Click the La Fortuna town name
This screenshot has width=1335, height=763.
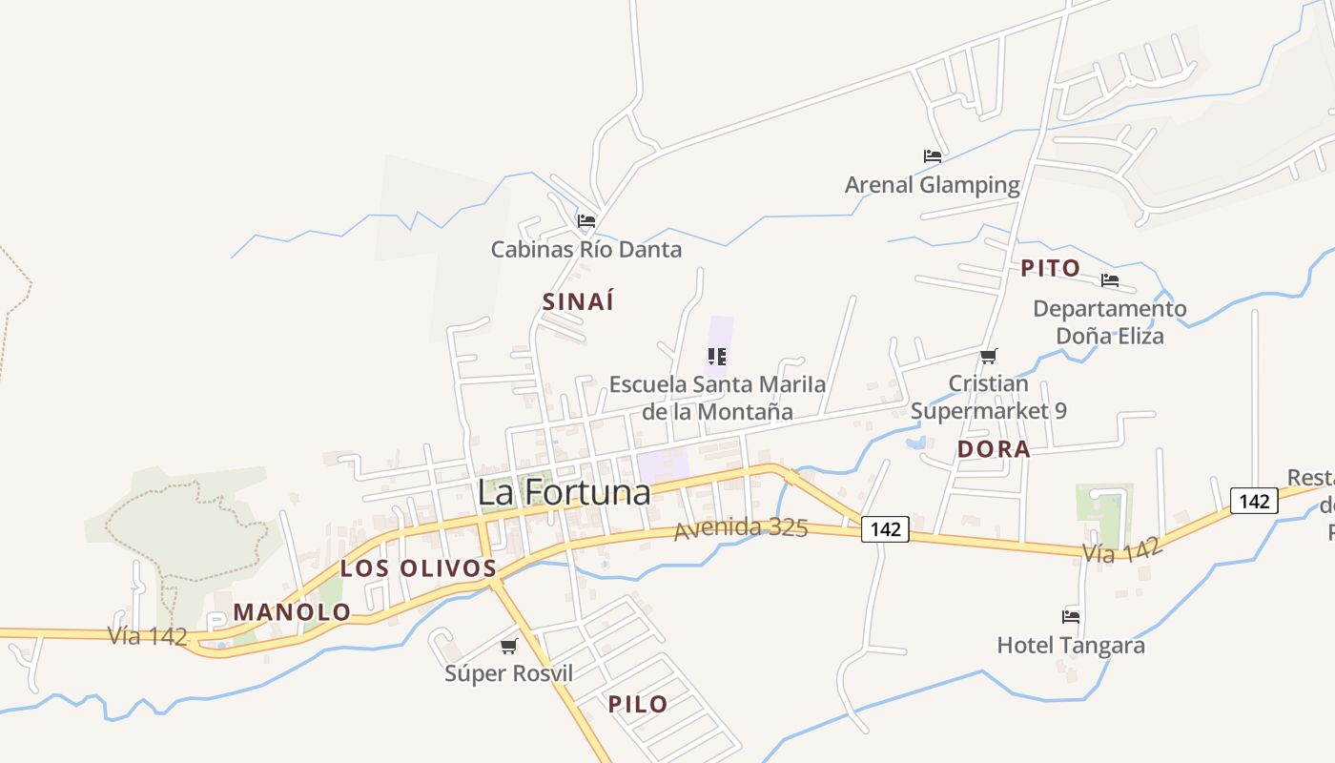pos(564,492)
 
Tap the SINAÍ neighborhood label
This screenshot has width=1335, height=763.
pos(578,301)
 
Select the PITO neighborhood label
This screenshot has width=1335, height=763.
pos(1051,268)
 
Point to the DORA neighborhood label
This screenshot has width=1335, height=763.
pos(994,449)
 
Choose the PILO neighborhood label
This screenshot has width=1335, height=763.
pos(638,705)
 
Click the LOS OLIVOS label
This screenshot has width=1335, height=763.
pos(419,568)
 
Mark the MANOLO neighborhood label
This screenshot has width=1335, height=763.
pos(292,612)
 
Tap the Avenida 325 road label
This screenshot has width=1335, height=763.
pos(741,528)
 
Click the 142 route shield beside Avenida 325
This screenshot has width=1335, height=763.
pos(886,528)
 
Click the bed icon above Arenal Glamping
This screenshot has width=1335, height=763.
pos(933,155)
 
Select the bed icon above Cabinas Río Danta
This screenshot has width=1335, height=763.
pos(586,220)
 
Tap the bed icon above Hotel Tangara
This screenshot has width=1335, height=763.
pos(1071,616)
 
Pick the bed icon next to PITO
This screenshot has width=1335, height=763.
pos(1110,280)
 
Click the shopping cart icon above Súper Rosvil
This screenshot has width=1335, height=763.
pos(509,646)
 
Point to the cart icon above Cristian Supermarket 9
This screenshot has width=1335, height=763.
pos(989,356)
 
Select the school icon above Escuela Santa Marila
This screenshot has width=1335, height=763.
pos(717,357)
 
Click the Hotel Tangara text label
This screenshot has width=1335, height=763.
pos(1071,646)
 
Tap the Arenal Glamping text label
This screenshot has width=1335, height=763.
pos(933,185)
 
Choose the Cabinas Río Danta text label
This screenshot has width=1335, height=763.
pos(586,250)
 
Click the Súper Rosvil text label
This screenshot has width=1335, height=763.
pos(509,673)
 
